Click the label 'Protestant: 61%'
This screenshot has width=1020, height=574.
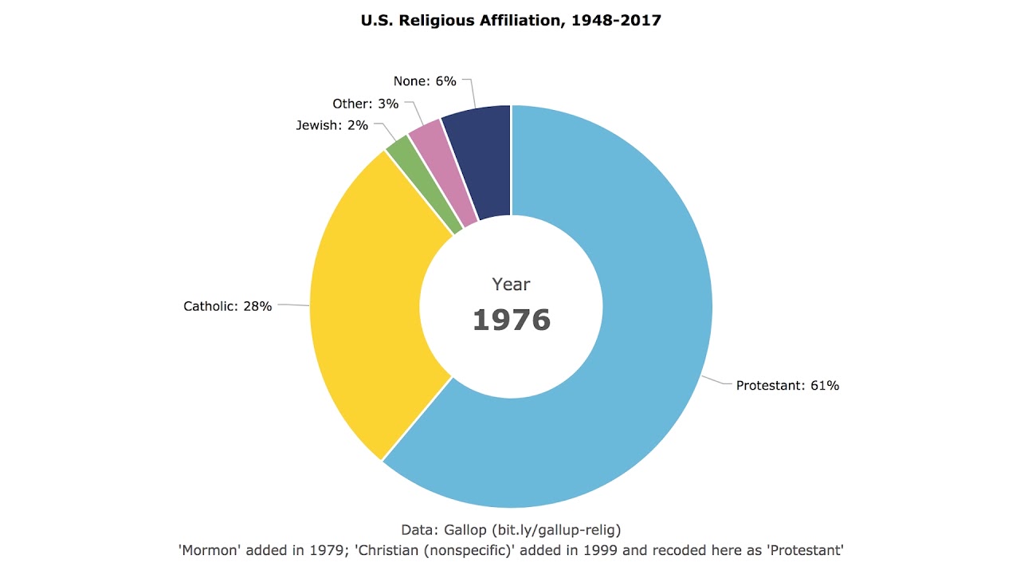tap(787, 386)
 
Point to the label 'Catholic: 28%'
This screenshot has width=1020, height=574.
tap(228, 306)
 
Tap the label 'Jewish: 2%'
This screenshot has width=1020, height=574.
tap(332, 125)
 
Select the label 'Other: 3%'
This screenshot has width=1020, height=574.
tap(365, 104)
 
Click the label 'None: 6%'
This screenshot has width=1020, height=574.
tap(425, 81)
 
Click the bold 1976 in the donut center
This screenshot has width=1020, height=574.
tap(511, 320)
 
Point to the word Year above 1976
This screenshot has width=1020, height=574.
tap(511, 284)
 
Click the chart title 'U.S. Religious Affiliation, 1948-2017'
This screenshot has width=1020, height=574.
tap(511, 21)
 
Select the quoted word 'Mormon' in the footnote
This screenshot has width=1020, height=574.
tap(210, 550)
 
